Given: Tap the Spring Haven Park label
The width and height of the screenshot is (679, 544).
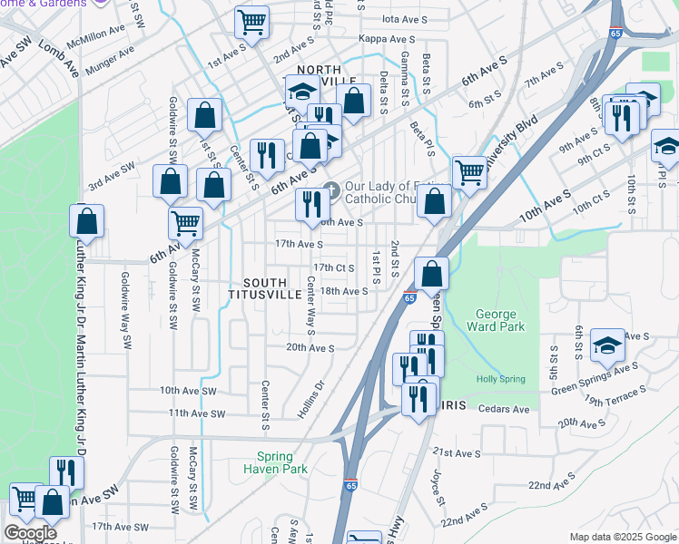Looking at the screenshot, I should coord(275,462).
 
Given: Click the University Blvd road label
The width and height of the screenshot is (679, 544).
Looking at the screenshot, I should coord(513,143).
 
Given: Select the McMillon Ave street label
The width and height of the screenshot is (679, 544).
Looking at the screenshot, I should coord(100,34).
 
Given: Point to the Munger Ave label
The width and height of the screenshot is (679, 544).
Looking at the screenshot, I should coord(109,64).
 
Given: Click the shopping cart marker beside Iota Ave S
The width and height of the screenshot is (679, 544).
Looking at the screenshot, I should coord(251,21).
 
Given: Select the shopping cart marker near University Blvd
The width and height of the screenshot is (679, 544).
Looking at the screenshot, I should coord(469,171).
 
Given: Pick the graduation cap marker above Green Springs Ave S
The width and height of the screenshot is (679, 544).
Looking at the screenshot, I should coord(607,345).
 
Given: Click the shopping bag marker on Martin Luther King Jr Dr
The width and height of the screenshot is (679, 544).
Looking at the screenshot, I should coord(86,220).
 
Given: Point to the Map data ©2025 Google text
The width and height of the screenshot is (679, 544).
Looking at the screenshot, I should coord(622,537).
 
